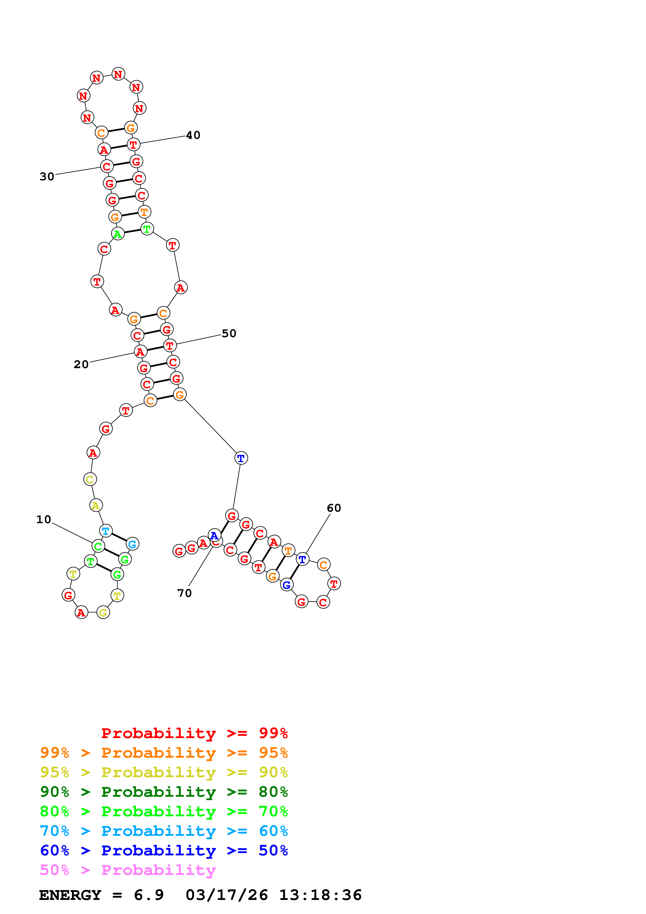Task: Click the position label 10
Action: [x=44, y=520]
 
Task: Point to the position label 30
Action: [x=47, y=176]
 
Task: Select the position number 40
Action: [x=193, y=135]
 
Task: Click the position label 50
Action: [x=229, y=333]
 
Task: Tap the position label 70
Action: [x=184, y=593]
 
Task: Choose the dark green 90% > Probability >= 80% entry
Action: [x=164, y=792]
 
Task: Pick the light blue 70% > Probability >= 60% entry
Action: [x=164, y=831]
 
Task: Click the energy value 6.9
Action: [x=149, y=895]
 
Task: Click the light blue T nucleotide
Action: [x=106, y=531]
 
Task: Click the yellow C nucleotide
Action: [x=90, y=479]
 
